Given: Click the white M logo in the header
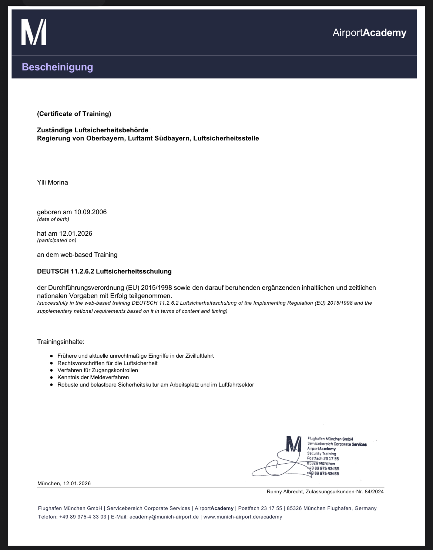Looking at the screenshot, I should (x=34, y=33).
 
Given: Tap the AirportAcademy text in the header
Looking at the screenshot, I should (x=369, y=33).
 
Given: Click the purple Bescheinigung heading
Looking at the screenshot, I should (x=57, y=67).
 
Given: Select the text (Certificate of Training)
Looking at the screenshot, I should (x=74, y=114).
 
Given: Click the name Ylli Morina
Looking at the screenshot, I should (x=53, y=182).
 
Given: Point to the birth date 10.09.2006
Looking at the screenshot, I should (x=90, y=212).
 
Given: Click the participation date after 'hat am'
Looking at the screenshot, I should (x=76, y=233).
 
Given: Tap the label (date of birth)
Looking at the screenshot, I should (x=53, y=219).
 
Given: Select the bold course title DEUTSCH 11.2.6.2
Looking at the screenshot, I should (x=104, y=271).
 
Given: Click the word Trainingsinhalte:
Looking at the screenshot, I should (x=61, y=341).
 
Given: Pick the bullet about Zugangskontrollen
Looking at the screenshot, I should (x=98, y=370).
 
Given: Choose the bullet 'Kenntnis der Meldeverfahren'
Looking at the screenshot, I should (x=93, y=377).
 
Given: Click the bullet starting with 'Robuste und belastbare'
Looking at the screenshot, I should (x=155, y=385).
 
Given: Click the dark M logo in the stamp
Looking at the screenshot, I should (x=294, y=444).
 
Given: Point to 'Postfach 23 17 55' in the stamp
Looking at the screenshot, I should (x=323, y=458).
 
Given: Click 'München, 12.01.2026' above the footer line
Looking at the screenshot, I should (x=64, y=483).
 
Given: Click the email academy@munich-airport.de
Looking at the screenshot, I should (x=164, y=517).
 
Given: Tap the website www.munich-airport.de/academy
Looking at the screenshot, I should (x=242, y=517).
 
